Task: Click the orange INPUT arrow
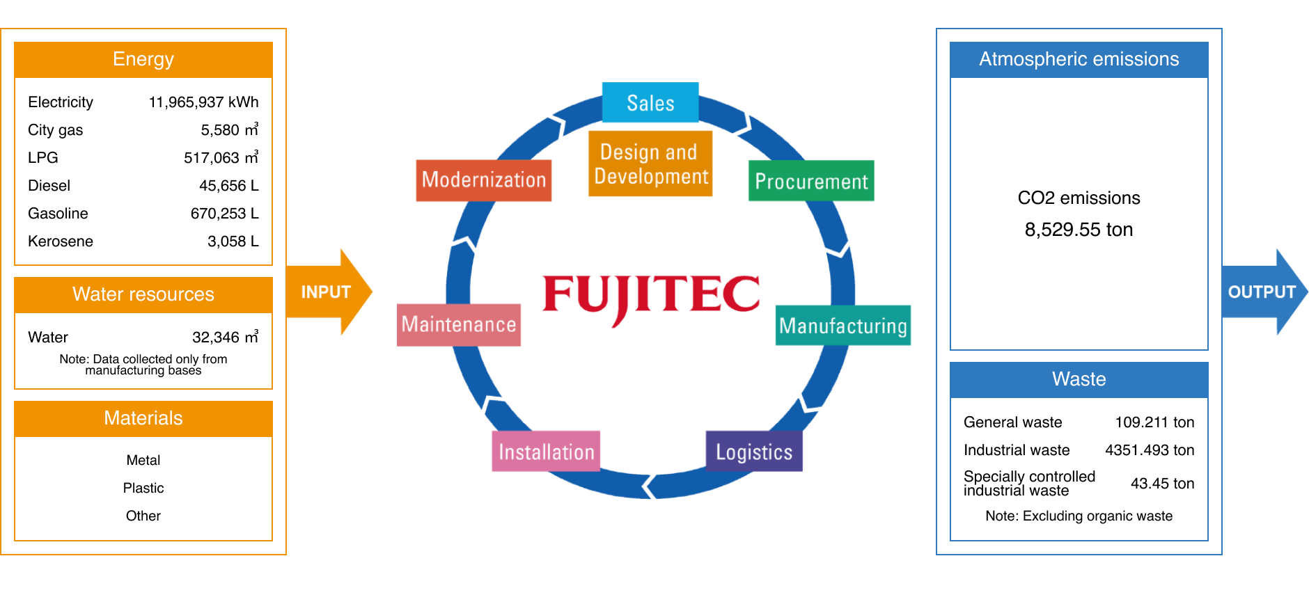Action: [x=327, y=292]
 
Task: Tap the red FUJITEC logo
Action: [x=651, y=295]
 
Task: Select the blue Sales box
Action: [x=650, y=103]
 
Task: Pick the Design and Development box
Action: [x=650, y=164]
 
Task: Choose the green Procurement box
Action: [x=811, y=182]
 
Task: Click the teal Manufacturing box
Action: [x=842, y=326]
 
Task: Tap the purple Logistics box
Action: [x=754, y=452]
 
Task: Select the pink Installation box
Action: [x=546, y=452]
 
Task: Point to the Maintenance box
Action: [x=459, y=325]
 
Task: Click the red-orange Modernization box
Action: [x=484, y=180]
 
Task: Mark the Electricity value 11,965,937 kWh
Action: [x=203, y=102]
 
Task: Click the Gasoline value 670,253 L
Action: [x=224, y=214]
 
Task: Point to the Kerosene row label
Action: [x=61, y=241]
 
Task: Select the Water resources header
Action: [x=143, y=294]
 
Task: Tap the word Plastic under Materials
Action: [x=143, y=488]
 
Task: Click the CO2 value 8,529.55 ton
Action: [x=1079, y=230]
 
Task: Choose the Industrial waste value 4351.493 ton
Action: [x=1149, y=450]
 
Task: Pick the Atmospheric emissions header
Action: [x=1079, y=59]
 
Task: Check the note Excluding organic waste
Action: [x=1079, y=516]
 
